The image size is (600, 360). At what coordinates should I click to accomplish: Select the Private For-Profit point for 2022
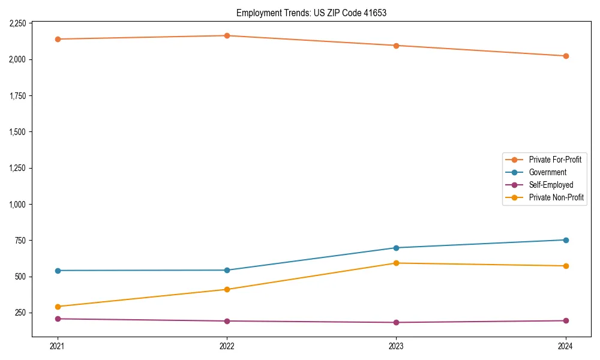pyautogui.click(x=227, y=35)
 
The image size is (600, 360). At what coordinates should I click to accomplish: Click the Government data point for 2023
pyautogui.click(x=396, y=248)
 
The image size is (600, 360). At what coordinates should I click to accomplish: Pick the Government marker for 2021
pyautogui.click(x=58, y=271)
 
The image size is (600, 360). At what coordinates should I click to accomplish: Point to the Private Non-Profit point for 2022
pyautogui.click(x=227, y=289)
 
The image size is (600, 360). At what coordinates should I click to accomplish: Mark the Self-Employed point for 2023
pyautogui.click(x=396, y=322)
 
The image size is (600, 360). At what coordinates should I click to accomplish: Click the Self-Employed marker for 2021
pyautogui.click(x=58, y=319)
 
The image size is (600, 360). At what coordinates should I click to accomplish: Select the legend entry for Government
pyautogui.click(x=547, y=172)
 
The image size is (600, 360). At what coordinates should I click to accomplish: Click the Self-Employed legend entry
pyautogui.click(x=551, y=185)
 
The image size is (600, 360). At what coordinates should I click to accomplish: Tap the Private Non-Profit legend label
pyautogui.click(x=556, y=197)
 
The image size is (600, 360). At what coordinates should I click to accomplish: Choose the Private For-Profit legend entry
pyautogui.click(x=555, y=160)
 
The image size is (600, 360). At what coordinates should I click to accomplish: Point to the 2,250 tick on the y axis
pyautogui.click(x=17, y=23)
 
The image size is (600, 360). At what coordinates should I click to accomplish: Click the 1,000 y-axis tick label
pyautogui.click(x=17, y=204)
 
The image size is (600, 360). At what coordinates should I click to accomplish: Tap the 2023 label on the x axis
pyautogui.click(x=396, y=346)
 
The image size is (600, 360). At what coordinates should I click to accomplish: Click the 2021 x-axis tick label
pyautogui.click(x=58, y=346)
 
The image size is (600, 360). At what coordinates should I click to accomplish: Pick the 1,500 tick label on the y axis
pyautogui.click(x=17, y=132)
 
